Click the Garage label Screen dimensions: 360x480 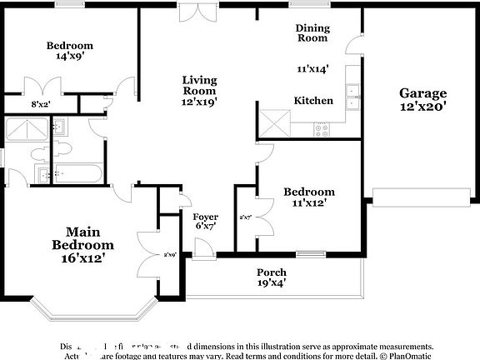coord(422,93)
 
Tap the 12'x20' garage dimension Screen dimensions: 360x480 coord(422,107)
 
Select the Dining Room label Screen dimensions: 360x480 coord(312,32)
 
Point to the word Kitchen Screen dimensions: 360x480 coord(313,101)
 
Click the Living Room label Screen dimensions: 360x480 coord(200,86)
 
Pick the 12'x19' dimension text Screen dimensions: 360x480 coord(200,102)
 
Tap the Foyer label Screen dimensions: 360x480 coord(205,217)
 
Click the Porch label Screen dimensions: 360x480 coord(272,272)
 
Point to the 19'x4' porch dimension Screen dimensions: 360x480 coord(272,283)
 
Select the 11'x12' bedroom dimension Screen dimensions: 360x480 coord(309,202)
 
